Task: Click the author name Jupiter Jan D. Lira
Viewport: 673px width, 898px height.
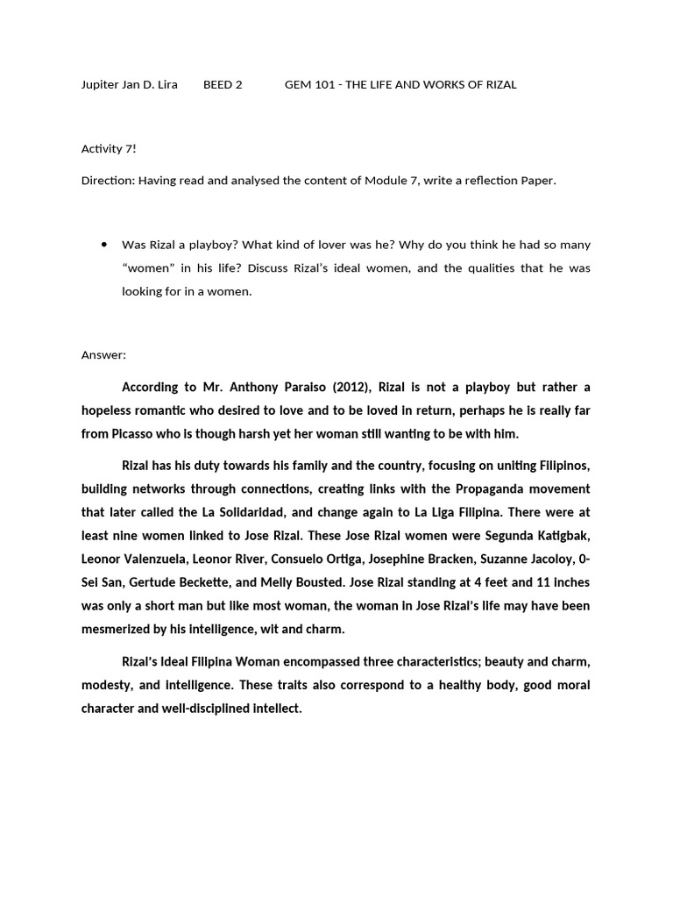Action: pos(129,85)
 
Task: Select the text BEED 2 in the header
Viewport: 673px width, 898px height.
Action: pos(223,85)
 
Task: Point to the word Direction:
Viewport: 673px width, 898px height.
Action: pos(107,181)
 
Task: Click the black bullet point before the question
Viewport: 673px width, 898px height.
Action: pos(104,245)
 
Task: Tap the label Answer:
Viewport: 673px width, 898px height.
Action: pos(103,355)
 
